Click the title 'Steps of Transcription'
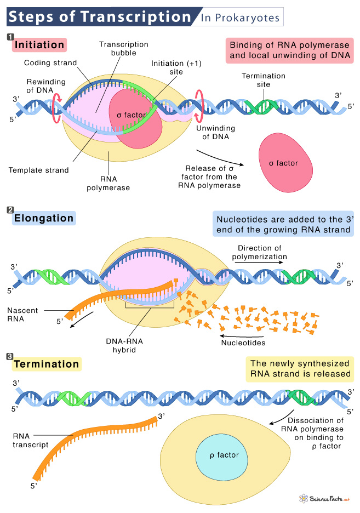[x=99, y=16]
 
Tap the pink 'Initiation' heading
[x=39, y=44]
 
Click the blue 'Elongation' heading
[x=44, y=218]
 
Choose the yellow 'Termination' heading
[x=47, y=363]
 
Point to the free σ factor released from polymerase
[x=285, y=163]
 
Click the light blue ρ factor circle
[x=219, y=455]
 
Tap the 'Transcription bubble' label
[x=116, y=49]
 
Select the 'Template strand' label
[x=39, y=170]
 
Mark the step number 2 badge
[x=10, y=212]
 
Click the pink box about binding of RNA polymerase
[x=289, y=50]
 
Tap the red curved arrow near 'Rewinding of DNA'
[x=55, y=103]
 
